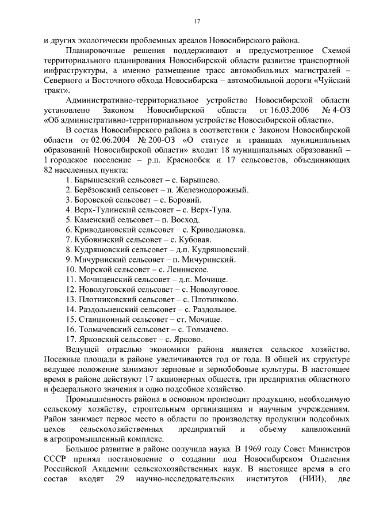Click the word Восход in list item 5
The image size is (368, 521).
179,220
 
